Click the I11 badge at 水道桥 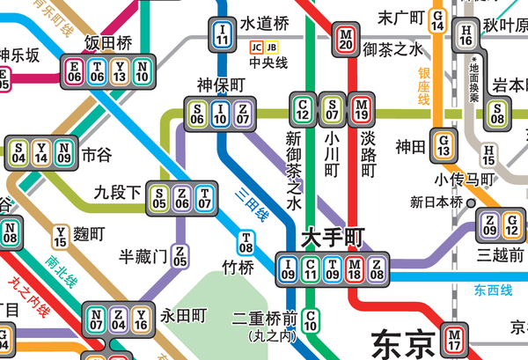[224, 36]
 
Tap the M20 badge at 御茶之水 [345, 40]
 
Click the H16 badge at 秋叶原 [466, 35]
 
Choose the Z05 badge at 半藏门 [180, 256]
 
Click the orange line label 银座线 [423, 86]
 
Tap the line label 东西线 [492, 290]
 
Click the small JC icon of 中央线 [256, 48]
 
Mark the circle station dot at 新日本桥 [471, 202]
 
